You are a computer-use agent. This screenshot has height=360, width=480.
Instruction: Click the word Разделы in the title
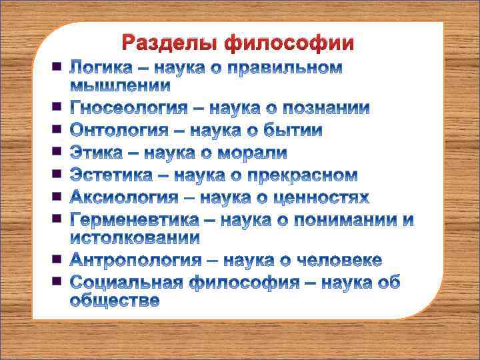click(171, 43)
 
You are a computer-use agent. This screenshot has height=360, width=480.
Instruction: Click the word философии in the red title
click(289, 43)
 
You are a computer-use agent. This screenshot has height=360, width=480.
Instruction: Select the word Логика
click(103, 68)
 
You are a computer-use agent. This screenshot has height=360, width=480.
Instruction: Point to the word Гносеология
click(137, 108)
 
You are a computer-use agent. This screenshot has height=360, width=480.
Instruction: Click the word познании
click(326, 108)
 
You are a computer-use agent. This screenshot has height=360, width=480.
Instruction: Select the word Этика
click(96, 153)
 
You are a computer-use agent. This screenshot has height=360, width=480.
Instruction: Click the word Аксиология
click(125, 197)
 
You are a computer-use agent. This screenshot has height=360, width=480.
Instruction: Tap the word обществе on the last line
click(115, 300)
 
